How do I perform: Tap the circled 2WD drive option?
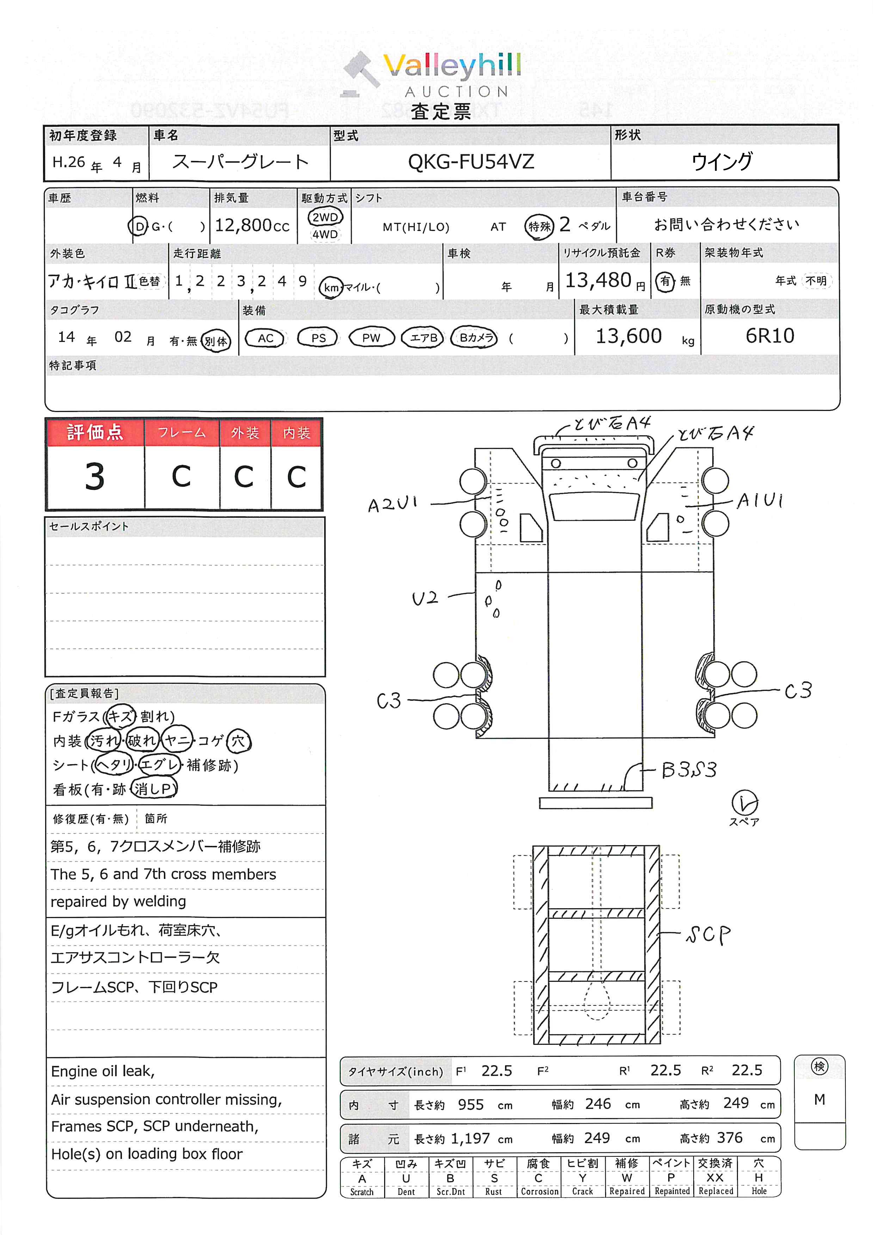(325, 217)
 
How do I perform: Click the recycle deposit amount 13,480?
(598, 280)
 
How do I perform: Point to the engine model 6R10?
(770, 336)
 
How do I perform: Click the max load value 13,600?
(629, 336)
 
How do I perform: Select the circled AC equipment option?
(265, 338)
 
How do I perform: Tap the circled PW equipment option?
(371, 338)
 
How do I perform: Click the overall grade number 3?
(95, 476)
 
